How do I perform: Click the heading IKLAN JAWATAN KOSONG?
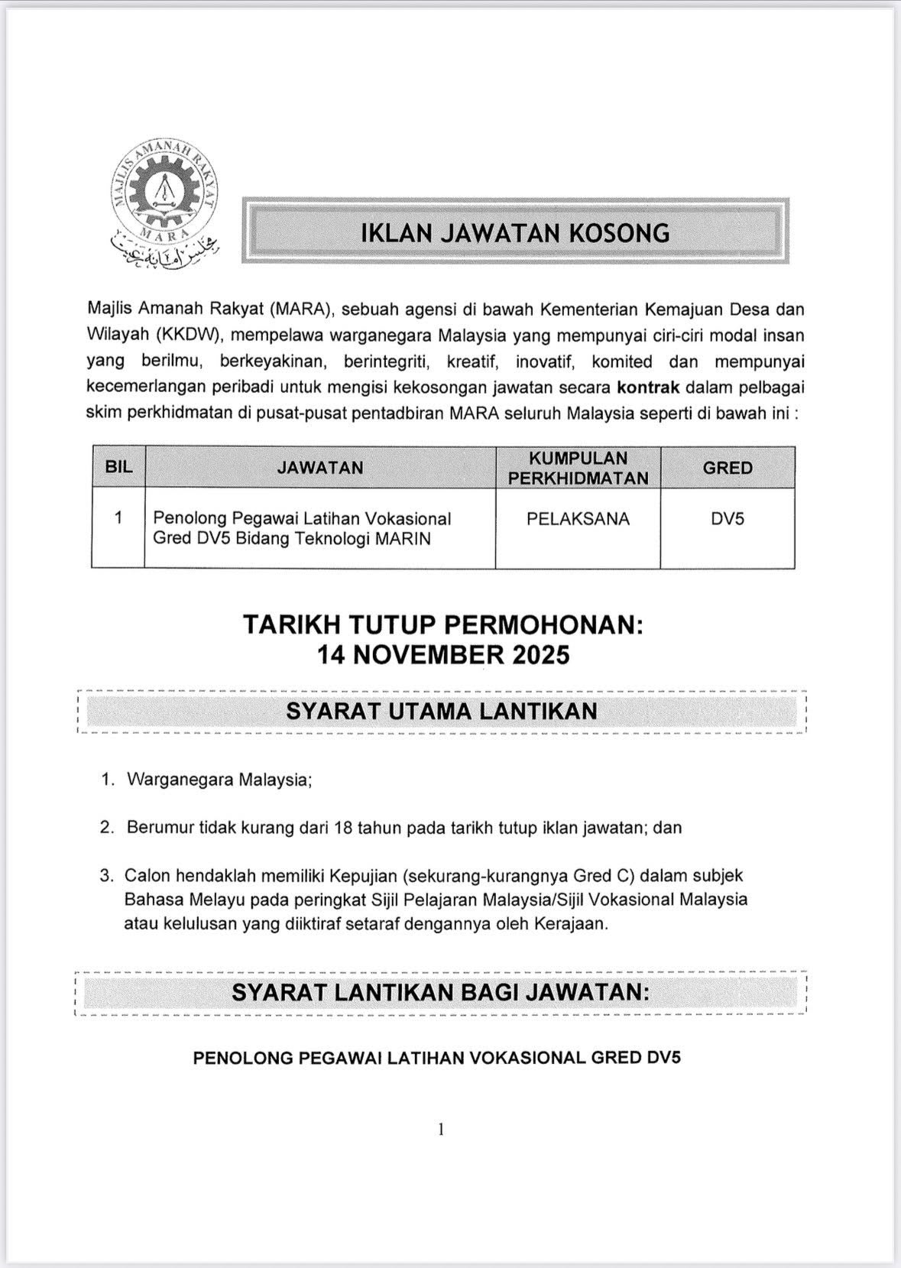tap(515, 232)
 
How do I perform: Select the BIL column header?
tap(118, 467)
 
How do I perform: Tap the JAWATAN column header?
tap(320, 467)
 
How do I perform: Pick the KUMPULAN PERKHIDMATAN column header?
tap(578, 468)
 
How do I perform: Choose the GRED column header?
tap(727, 467)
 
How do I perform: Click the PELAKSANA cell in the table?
tap(578, 519)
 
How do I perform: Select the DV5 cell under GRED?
tap(727, 519)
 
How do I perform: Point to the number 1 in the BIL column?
tap(118, 517)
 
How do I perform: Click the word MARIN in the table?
tap(403, 539)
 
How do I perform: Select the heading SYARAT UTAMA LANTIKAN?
tap(442, 711)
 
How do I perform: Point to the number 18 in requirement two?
tap(343, 827)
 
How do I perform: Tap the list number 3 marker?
tap(106, 875)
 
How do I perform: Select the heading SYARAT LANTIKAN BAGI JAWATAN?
tap(440, 992)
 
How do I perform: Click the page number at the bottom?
tap(441, 1129)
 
